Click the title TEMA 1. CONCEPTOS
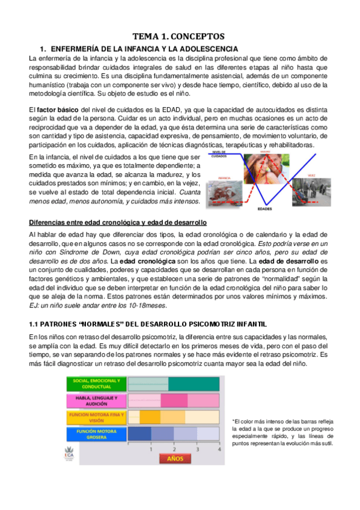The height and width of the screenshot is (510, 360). pyautogui.click(x=178, y=36)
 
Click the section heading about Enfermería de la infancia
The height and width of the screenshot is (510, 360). pyautogui.click(x=139, y=48)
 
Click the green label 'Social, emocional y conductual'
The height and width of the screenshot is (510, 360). pyautogui.click(x=96, y=384)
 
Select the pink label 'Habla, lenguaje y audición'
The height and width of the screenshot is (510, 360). pyautogui.click(x=96, y=401)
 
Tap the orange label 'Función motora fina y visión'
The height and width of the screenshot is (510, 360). pyautogui.click(x=96, y=417)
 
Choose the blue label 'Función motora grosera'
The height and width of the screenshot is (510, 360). pyautogui.click(x=96, y=434)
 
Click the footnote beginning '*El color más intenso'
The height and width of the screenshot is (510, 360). pyautogui.click(x=281, y=432)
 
